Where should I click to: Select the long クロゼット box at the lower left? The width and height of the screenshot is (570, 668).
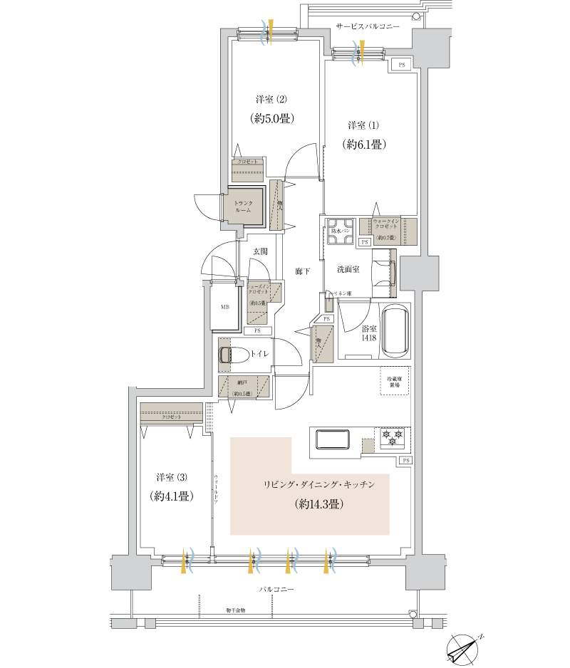click(172, 414)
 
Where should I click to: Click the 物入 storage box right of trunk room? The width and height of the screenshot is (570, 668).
click(278, 205)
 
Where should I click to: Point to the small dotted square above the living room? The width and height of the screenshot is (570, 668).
click(368, 446)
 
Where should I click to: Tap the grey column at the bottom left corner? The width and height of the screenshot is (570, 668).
click(132, 572)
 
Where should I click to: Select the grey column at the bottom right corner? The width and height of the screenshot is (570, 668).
click(425, 572)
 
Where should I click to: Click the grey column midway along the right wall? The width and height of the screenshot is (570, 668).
click(419, 273)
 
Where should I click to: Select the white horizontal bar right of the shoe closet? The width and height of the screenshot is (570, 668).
click(354, 300)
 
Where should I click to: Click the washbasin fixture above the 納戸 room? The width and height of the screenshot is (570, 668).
click(224, 355)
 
